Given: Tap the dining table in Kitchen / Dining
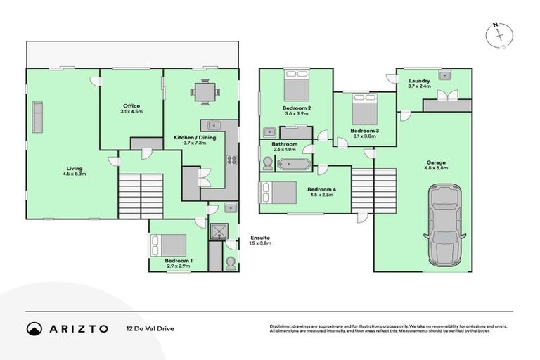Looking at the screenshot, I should [205, 91].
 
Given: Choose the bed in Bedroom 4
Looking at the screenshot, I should [278, 193].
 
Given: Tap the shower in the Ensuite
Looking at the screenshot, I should [221, 231].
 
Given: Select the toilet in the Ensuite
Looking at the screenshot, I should [231, 262].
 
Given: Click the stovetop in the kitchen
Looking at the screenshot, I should [231, 159].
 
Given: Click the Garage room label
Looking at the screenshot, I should [435, 162].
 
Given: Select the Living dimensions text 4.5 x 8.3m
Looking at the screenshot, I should [74, 174].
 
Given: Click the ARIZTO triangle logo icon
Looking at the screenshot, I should [34, 328].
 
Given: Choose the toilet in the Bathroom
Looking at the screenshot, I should [267, 163].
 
